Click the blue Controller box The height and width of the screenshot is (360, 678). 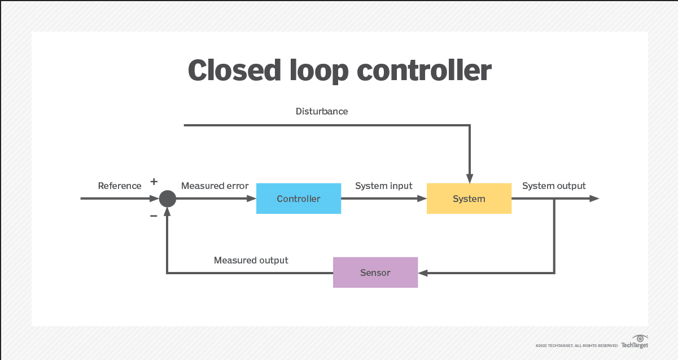click(x=298, y=199)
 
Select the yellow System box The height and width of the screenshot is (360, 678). click(x=469, y=199)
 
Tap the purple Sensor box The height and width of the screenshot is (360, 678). click(x=375, y=273)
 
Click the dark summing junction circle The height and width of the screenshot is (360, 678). click(x=167, y=199)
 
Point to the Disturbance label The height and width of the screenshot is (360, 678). click(x=322, y=111)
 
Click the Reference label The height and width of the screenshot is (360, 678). click(x=120, y=186)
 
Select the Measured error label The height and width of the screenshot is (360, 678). click(x=215, y=186)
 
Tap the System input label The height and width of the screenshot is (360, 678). click(x=383, y=186)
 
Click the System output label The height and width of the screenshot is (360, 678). click(x=554, y=186)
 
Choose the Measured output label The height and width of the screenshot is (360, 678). click(x=251, y=260)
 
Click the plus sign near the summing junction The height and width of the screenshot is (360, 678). click(x=154, y=182)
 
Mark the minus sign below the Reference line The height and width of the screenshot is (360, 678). click(x=154, y=216)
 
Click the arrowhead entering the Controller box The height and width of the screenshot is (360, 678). click(x=252, y=199)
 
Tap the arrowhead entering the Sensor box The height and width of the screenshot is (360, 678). click(x=423, y=273)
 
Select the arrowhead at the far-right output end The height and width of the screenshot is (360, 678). click(x=594, y=199)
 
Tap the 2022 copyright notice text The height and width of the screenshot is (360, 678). click(x=576, y=345)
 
